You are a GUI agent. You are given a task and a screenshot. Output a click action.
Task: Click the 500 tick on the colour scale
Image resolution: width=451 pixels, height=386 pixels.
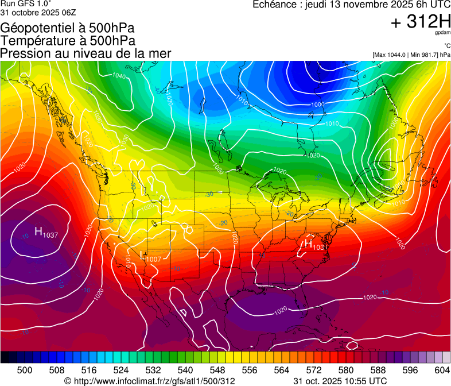click(25, 369)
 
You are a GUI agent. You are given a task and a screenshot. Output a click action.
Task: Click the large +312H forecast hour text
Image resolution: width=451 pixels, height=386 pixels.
click(421, 22)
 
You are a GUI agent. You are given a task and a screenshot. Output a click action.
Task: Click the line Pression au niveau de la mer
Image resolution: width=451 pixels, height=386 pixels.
click(85, 53)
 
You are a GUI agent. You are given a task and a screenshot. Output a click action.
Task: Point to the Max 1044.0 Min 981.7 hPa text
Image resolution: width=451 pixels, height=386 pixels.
click(411, 55)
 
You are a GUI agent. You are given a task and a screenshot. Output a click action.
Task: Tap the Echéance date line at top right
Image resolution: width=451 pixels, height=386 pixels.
click(351, 5)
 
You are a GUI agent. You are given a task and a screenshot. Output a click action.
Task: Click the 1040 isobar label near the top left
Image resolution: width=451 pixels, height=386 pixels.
click(119, 76)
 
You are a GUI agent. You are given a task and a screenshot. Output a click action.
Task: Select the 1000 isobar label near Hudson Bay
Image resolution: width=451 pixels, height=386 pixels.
click(317, 105)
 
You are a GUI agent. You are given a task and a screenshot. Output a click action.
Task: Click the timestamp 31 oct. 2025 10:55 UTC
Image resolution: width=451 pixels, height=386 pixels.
click(340, 381)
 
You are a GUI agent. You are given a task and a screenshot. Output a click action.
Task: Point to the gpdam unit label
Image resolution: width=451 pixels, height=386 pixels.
click(442, 33)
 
